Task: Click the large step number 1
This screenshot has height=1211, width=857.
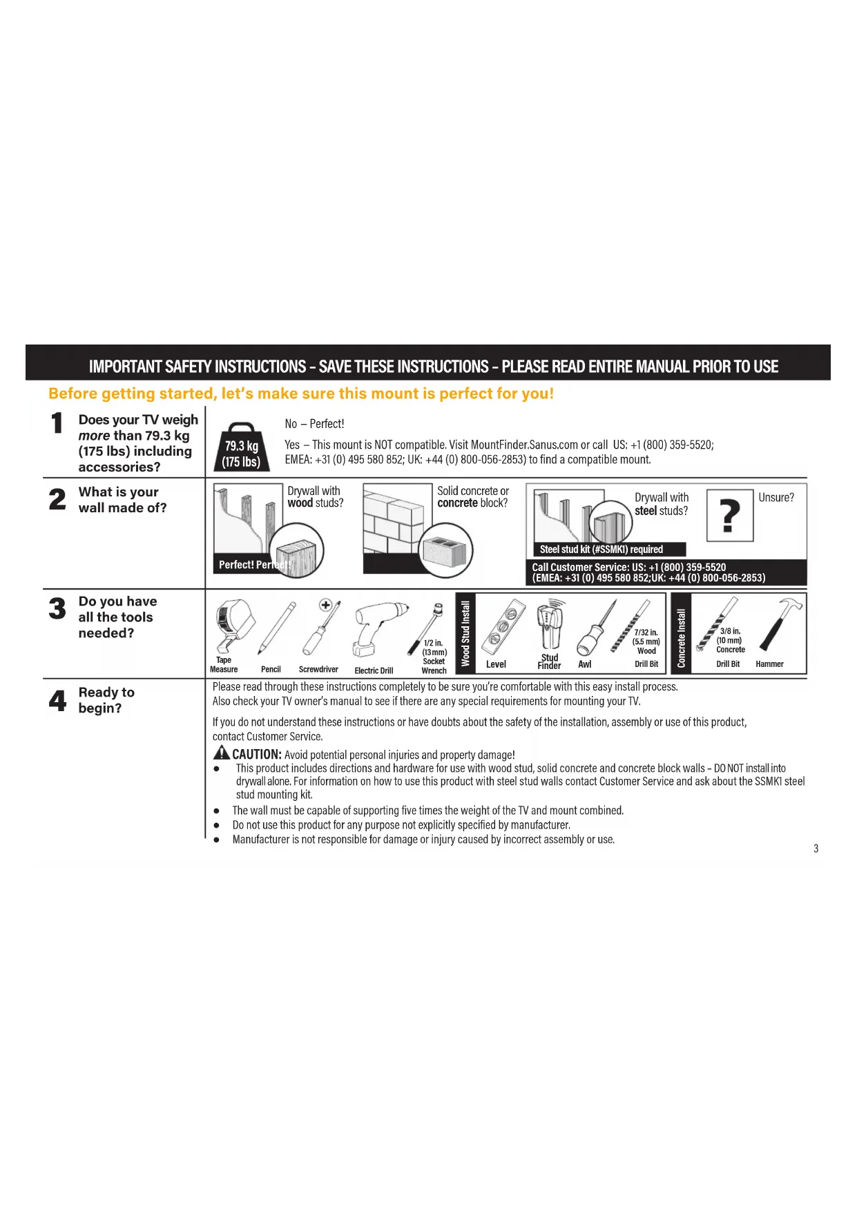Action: click(57, 423)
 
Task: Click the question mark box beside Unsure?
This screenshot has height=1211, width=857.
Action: click(729, 515)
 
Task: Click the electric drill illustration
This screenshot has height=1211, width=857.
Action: click(376, 628)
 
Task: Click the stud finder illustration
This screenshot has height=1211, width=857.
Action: click(550, 623)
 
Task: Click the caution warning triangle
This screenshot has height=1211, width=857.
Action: click(221, 753)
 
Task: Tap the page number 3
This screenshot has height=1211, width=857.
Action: click(816, 849)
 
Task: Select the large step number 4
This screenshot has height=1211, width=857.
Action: click(58, 701)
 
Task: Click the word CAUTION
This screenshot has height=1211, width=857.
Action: click(256, 755)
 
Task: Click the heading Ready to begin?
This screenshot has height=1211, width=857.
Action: click(106, 700)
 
